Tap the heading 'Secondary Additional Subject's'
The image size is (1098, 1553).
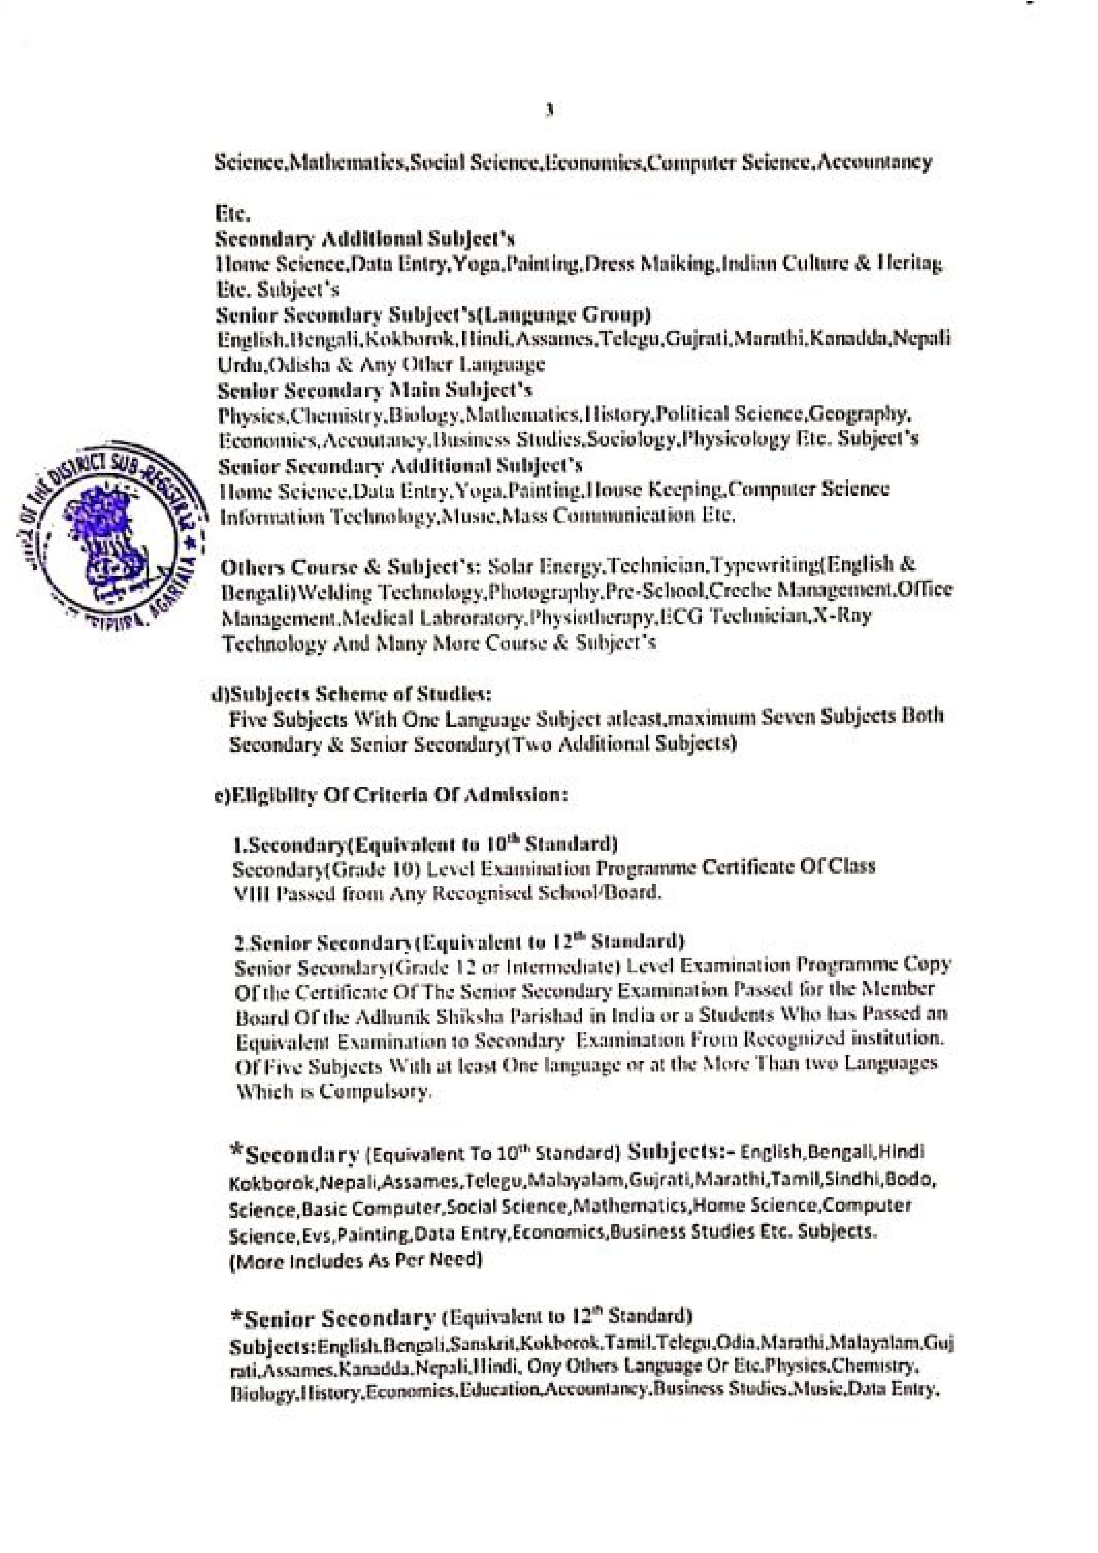365,239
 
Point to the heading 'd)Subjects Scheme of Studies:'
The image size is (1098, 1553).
352,694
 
